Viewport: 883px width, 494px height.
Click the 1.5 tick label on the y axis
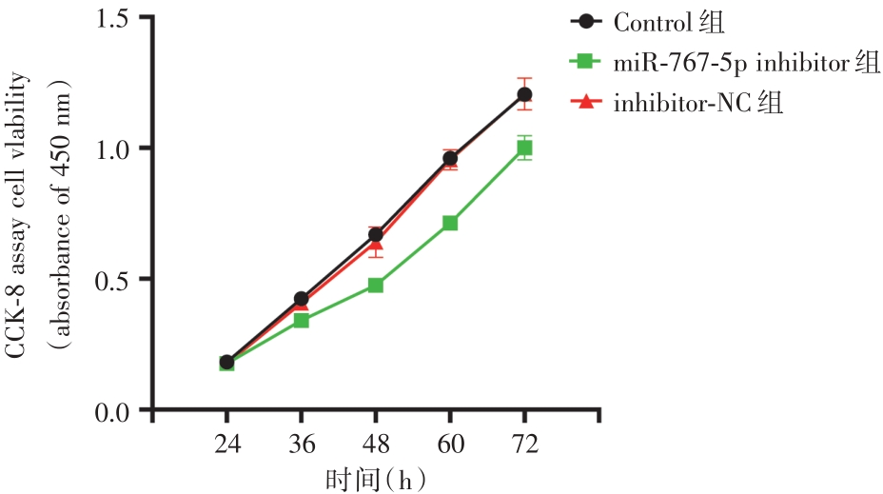point(117,18)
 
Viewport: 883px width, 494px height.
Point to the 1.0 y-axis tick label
point(117,148)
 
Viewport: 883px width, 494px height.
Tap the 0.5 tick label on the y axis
point(117,279)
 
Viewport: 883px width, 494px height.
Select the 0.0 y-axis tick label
point(117,410)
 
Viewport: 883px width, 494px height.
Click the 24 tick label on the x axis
point(226,444)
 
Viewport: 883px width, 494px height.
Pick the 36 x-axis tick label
point(301,444)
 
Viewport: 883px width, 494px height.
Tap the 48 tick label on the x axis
point(375,444)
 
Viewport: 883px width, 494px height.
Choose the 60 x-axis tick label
point(449,444)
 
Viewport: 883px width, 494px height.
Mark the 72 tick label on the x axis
point(524,444)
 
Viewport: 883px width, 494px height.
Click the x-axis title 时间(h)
point(375,479)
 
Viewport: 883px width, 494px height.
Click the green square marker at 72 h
point(524,148)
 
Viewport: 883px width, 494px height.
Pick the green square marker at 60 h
point(450,223)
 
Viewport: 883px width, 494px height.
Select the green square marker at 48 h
point(376,285)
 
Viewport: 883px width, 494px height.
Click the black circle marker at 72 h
point(524,94)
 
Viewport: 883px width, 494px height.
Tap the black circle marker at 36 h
point(301,299)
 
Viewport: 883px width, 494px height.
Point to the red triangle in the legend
point(585,102)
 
